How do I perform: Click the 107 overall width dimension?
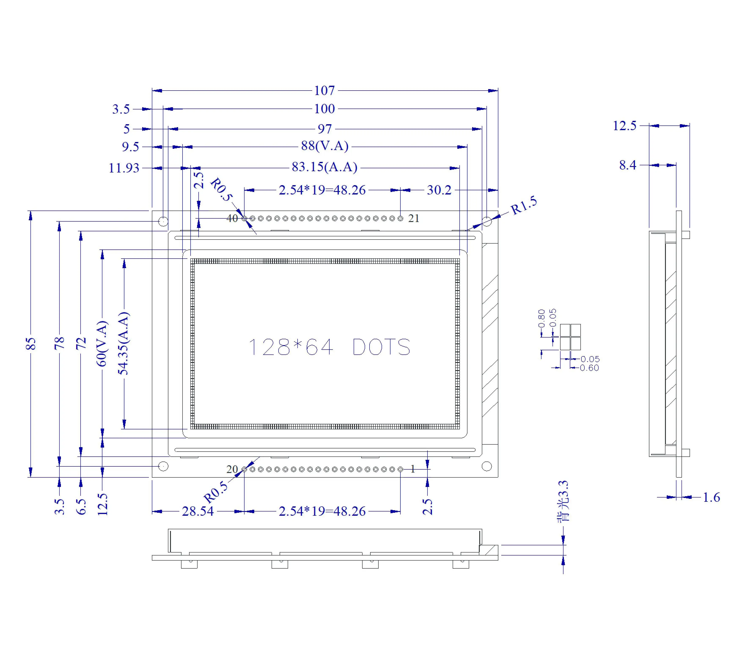pos(324,90)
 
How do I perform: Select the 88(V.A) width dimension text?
pos(324,146)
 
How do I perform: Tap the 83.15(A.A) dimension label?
pos(324,167)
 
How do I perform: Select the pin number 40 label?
pos(232,218)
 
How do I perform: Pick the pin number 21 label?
pos(414,218)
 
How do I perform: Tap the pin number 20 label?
pos(232,469)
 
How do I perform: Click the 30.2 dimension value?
pos(439,190)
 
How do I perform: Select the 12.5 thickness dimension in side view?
pos(624,126)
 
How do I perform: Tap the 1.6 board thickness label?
pos(711,497)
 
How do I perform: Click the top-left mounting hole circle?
pos(163,221)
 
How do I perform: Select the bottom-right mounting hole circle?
pos(486,466)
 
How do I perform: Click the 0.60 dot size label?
pos(589,368)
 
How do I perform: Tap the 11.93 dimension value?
pos(124,168)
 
